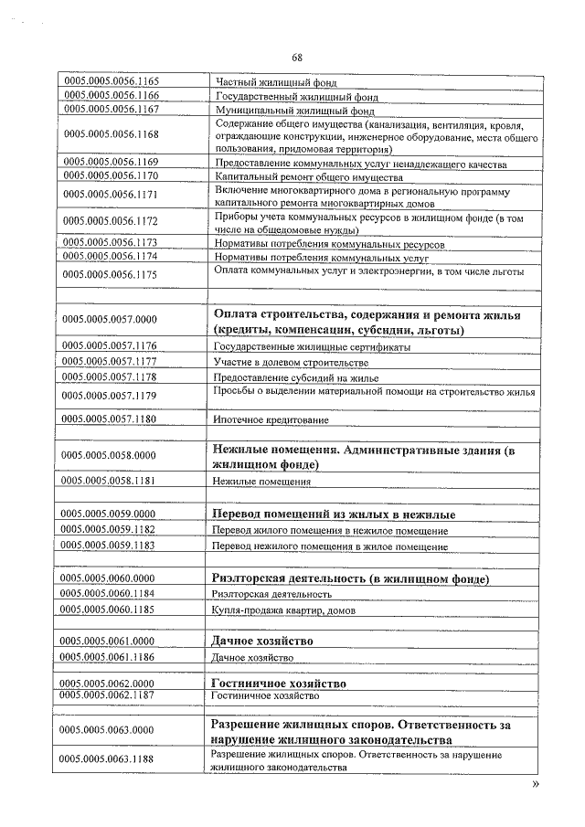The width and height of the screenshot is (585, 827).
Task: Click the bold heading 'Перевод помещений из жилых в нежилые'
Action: click(333, 514)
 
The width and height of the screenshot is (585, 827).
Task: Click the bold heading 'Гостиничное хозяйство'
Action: click(279, 684)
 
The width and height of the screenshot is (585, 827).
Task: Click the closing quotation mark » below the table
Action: click(536, 784)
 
